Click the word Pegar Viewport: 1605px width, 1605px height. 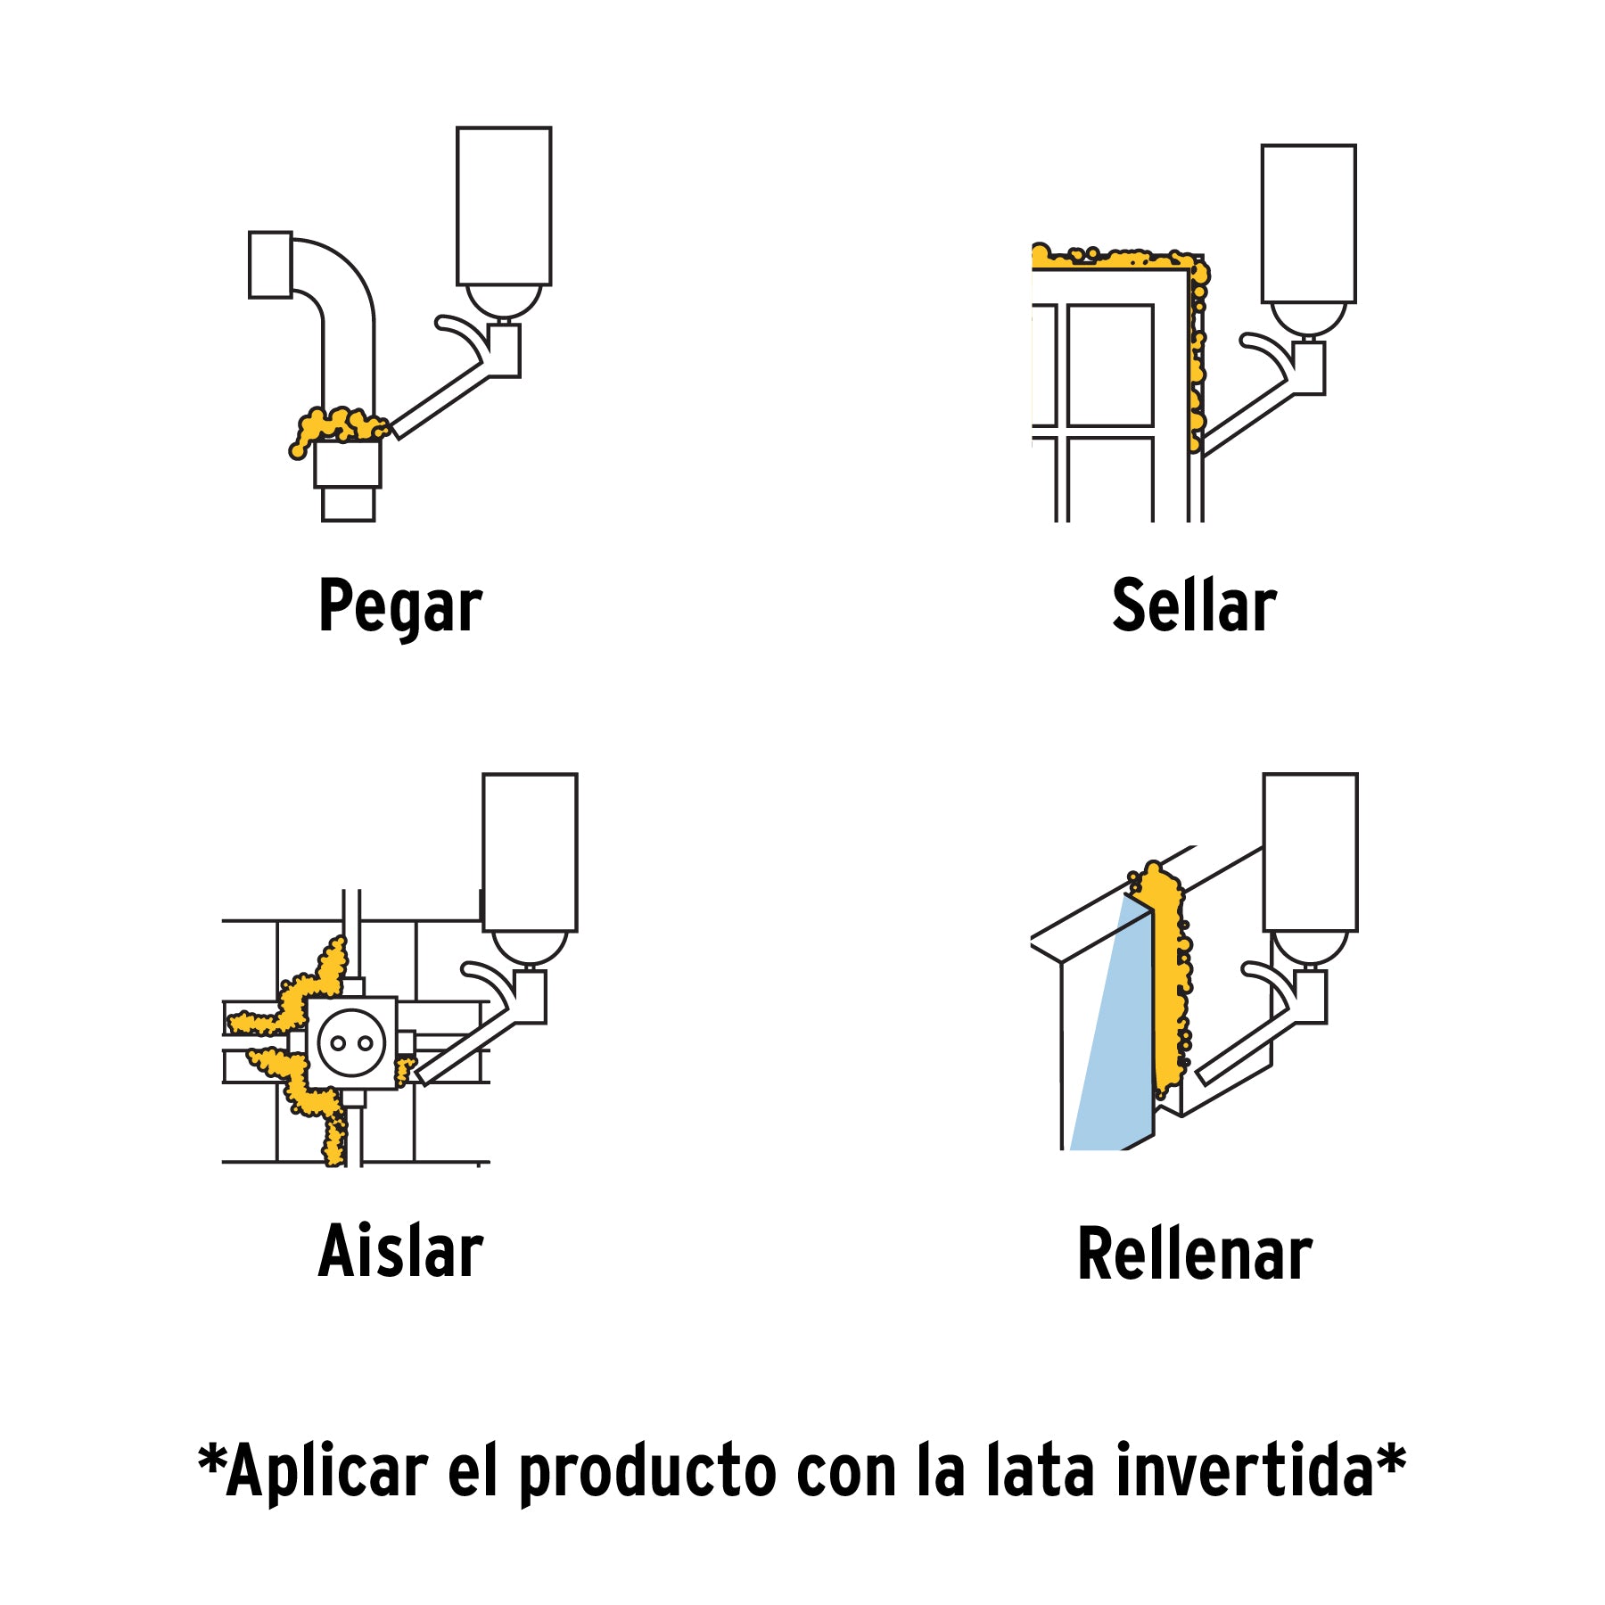400,607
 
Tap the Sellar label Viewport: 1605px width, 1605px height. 1194,605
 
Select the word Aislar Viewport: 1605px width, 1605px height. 400,1252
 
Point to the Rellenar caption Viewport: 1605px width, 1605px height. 1194,1254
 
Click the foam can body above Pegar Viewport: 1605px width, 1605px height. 504,206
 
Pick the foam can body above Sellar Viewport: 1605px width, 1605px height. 1308,224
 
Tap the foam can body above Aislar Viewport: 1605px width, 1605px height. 530,852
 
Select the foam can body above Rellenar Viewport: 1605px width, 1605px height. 1310,852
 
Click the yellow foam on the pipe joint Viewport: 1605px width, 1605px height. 339,426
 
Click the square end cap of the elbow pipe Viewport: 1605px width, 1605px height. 270,265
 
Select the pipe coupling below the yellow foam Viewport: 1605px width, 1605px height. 348,464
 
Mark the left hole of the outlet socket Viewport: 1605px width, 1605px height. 339,1043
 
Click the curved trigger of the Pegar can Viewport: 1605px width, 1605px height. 464,332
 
